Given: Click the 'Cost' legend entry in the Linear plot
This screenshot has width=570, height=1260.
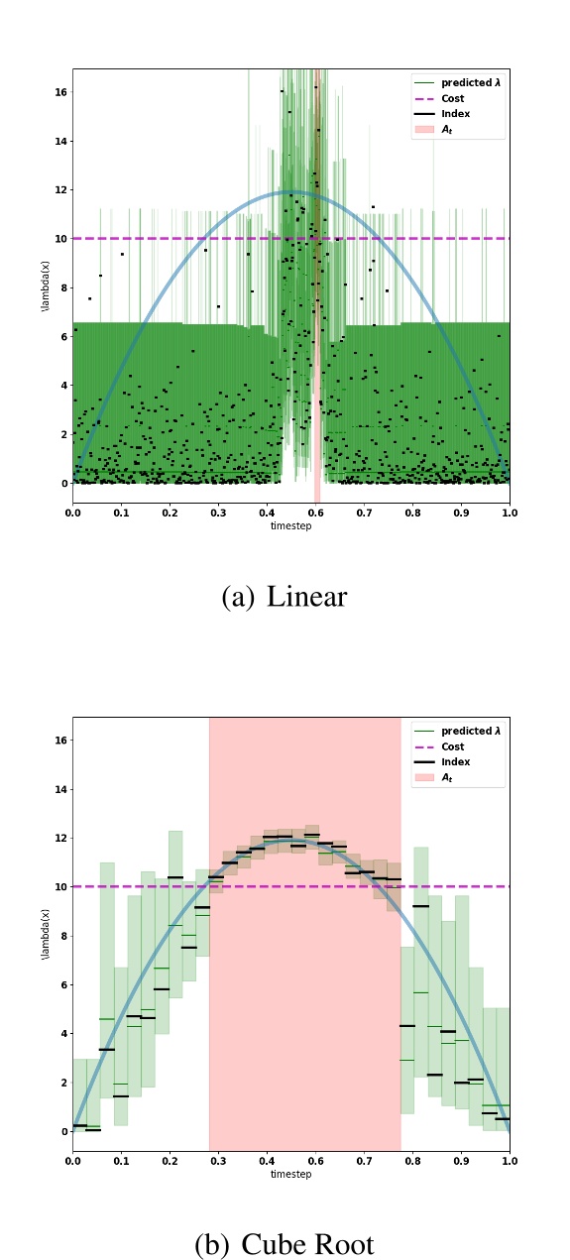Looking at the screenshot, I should point(451,99).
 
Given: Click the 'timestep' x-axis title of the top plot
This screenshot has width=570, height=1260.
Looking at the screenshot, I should point(291,525).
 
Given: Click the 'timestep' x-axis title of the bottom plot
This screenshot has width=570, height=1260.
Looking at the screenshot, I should point(291,1174).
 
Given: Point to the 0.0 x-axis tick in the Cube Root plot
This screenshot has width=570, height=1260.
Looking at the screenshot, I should point(73,1161).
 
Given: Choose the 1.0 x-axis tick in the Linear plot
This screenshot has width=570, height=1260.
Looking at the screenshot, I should point(510,513).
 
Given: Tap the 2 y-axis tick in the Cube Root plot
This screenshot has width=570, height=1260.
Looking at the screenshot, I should point(63,1083).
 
